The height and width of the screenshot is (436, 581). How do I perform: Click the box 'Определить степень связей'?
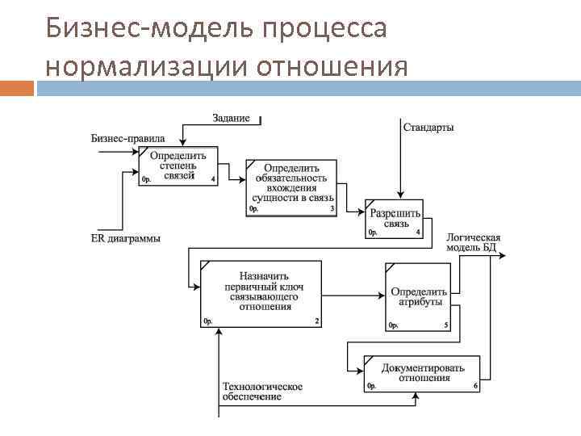pyautogui.click(x=178, y=166)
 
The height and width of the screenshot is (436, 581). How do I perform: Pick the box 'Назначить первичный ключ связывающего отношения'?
pyautogui.click(x=261, y=293)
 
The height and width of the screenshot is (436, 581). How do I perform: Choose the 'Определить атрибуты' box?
pyautogui.click(x=419, y=296)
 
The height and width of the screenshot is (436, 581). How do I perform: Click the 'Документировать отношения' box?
pyautogui.click(x=423, y=373)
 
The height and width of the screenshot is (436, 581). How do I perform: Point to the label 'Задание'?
pyautogui.click(x=231, y=118)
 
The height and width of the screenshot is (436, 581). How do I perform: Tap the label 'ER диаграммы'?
pyautogui.click(x=125, y=238)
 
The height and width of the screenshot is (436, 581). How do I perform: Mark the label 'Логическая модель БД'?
pyautogui.click(x=473, y=243)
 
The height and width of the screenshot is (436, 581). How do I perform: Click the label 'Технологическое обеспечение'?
pyautogui.click(x=262, y=392)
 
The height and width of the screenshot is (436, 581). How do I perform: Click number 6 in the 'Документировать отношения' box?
pyautogui.click(x=476, y=387)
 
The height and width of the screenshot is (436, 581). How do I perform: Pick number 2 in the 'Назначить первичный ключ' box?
pyautogui.click(x=316, y=321)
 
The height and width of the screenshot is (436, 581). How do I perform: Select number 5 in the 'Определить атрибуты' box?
pyautogui.click(x=446, y=325)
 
